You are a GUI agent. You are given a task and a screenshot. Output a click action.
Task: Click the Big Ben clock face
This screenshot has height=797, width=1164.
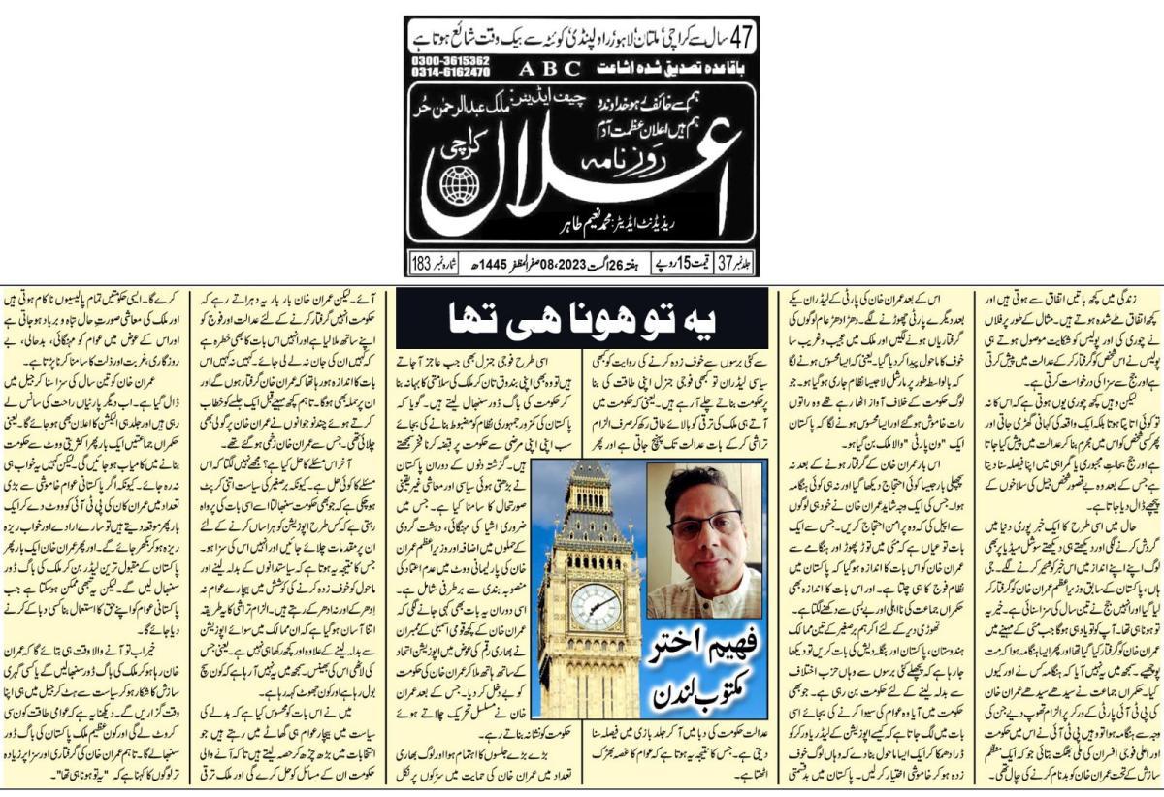595,606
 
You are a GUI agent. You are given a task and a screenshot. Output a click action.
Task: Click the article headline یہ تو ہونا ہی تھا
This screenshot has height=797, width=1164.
581,318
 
